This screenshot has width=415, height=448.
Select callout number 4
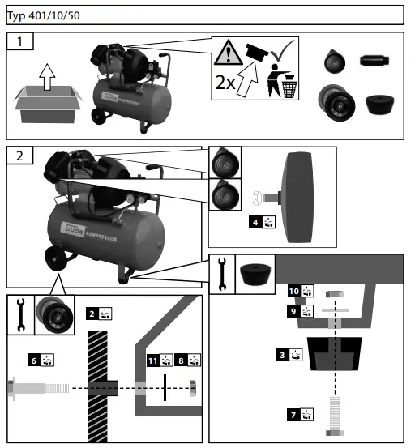(256, 221)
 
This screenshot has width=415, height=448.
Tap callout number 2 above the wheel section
(92, 313)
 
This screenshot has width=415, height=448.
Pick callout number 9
(293, 310)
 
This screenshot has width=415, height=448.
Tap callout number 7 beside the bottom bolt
(293, 415)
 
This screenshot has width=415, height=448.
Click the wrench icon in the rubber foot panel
(221, 275)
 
